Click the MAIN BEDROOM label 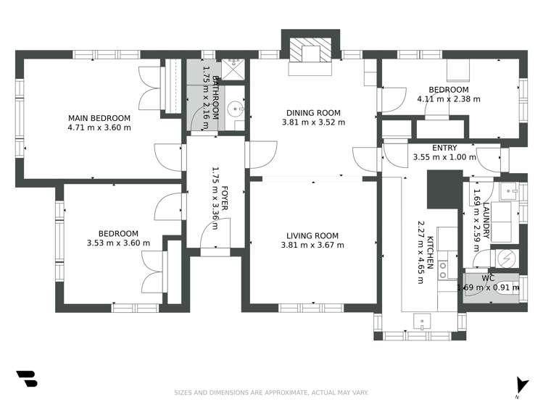(99, 118)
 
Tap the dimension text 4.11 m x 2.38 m (448, 98)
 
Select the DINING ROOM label (312, 112)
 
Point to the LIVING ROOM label (312, 235)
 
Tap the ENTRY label (444, 148)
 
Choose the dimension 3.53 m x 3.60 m (118, 243)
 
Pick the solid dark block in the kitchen (444, 188)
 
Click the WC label (488, 277)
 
